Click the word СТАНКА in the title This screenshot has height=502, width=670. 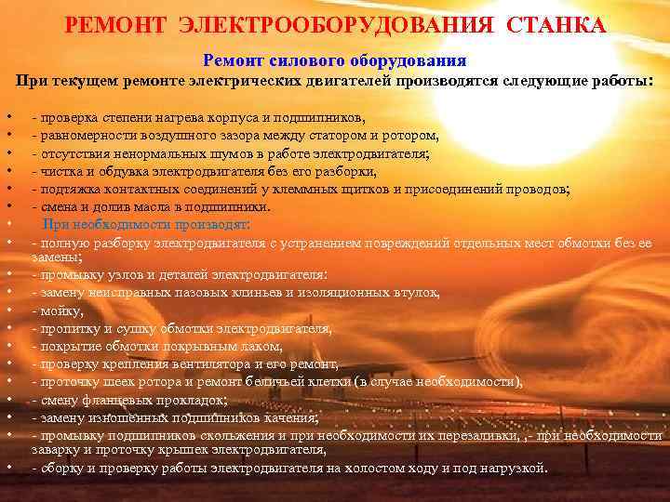coord(556,25)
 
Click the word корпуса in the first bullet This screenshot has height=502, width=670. coord(240,118)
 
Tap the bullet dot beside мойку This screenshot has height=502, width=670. coord(7,311)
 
